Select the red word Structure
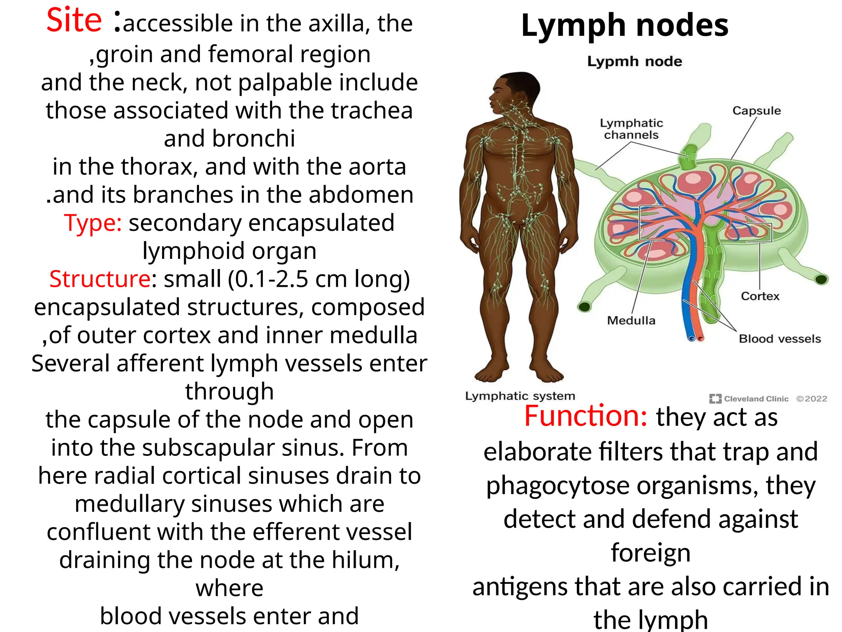(x=100, y=279)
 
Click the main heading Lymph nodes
(x=625, y=26)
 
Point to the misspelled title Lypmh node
(x=634, y=62)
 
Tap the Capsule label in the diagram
(x=756, y=111)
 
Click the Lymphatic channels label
(x=631, y=129)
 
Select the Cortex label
(x=760, y=296)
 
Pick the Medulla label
(x=631, y=321)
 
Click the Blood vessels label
(x=780, y=339)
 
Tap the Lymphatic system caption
(x=520, y=396)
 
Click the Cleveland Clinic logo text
(x=756, y=399)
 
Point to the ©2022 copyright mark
(x=812, y=399)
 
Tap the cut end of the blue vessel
(x=692, y=339)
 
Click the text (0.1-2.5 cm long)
(x=319, y=279)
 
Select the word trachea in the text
(x=371, y=111)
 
